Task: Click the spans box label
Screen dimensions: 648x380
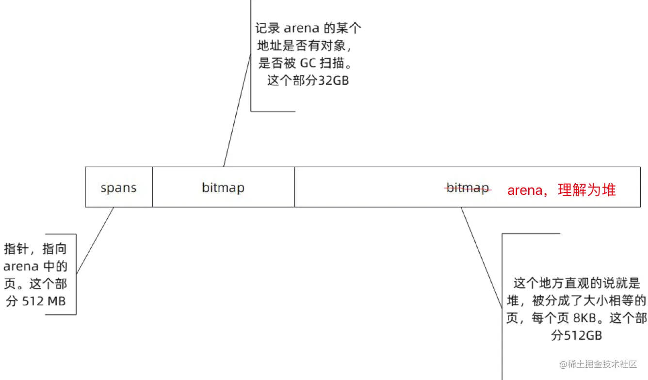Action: click(118, 188)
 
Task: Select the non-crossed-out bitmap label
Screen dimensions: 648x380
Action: click(223, 188)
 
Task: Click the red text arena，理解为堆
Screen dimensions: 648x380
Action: click(562, 190)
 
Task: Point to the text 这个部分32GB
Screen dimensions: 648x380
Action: click(308, 80)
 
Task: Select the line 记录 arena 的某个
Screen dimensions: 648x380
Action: click(308, 28)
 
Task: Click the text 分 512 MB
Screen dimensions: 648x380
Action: click(36, 301)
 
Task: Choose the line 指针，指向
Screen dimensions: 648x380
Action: click(36, 249)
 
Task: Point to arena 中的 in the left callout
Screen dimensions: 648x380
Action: click(36, 266)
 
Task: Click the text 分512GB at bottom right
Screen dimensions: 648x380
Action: click(577, 335)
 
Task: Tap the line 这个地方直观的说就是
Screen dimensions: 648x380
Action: click(577, 283)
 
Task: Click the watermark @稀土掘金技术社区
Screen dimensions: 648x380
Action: click(598, 364)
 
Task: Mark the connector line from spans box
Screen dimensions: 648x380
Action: click(95, 240)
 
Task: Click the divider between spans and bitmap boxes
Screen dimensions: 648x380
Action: click(152, 187)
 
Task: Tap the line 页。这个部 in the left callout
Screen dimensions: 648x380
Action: click(36, 284)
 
